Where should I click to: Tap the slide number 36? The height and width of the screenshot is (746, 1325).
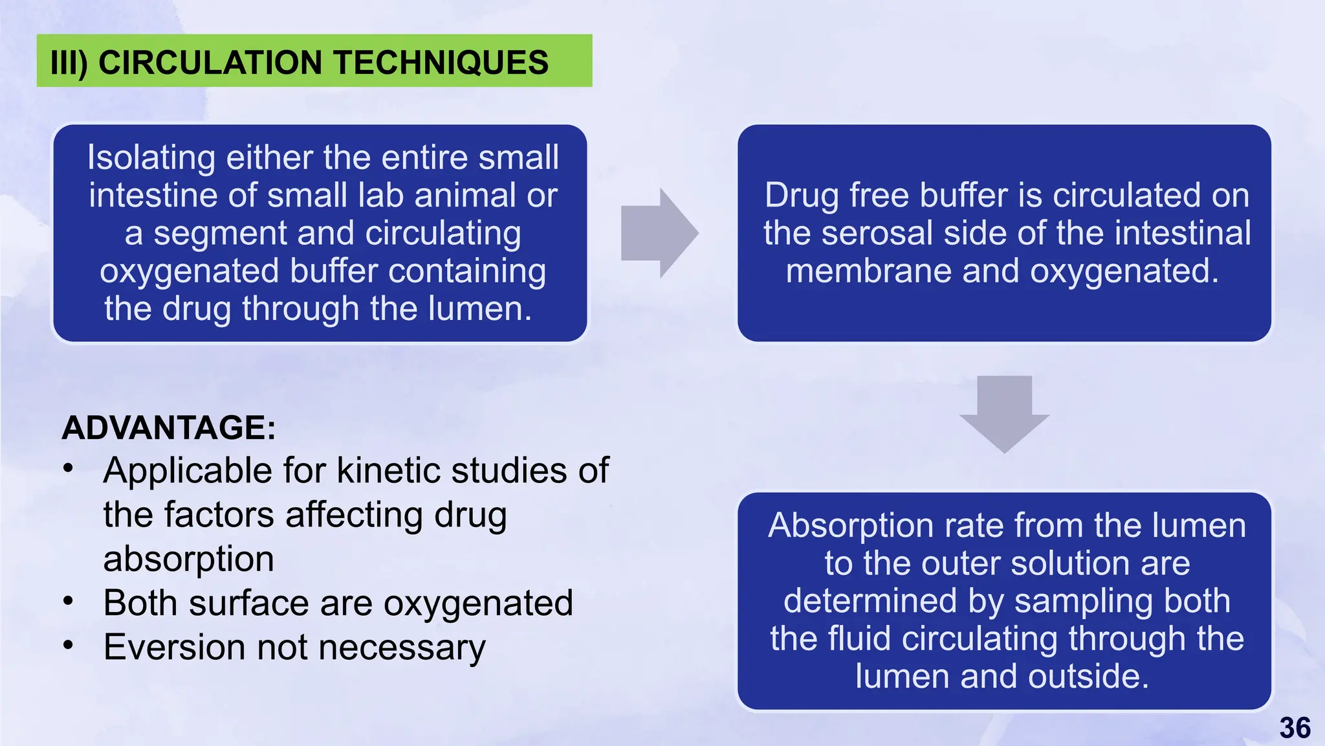coord(1295,728)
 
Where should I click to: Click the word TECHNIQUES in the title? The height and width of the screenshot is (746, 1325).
coord(441,63)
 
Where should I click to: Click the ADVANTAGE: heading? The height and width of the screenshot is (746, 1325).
coord(169,427)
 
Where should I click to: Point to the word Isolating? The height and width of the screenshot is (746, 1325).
coord(151,157)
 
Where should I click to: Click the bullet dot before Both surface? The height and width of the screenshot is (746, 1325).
coord(69,602)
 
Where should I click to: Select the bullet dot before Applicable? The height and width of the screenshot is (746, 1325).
coord(69,469)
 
